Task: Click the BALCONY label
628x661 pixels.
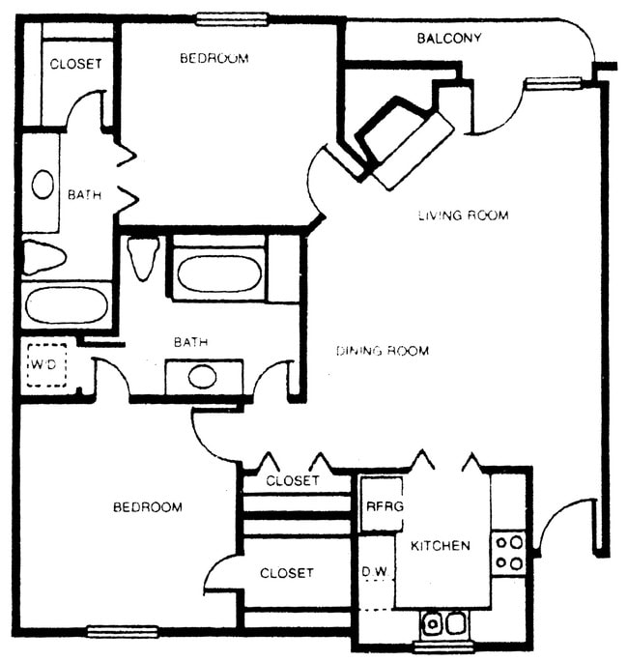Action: [448, 39]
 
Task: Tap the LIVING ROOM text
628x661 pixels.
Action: [463, 215]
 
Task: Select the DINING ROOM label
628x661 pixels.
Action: [383, 350]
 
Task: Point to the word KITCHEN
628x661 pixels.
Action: [441, 546]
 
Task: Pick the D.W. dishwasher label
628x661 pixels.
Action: [375, 573]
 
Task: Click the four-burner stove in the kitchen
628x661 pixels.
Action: [509, 553]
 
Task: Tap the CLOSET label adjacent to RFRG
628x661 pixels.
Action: [292, 480]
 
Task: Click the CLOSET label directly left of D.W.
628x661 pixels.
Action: [287, 573]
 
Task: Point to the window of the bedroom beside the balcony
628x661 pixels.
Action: [232, 17]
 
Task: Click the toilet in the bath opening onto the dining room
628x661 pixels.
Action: [143, 257]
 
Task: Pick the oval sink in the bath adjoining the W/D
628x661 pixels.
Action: [203, 376]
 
